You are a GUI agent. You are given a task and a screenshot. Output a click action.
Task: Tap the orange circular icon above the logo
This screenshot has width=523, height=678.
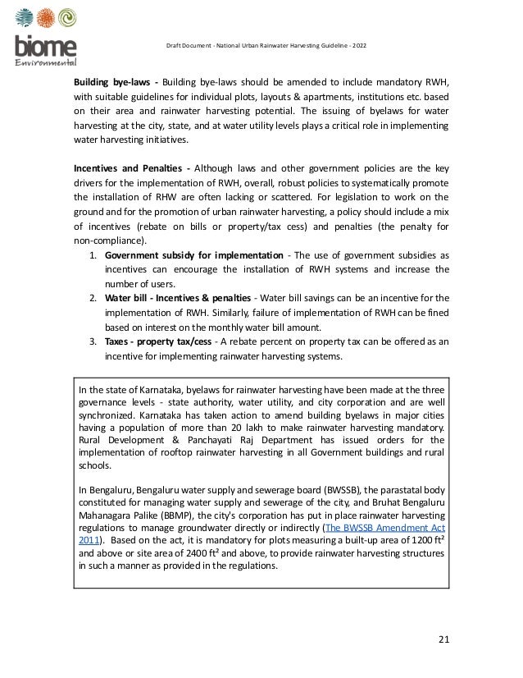pos(46,19)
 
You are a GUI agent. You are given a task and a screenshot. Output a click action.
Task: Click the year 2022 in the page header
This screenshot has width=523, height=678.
pos(360,44)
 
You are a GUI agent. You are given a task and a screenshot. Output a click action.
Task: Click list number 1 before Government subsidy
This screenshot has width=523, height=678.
pos(93,255)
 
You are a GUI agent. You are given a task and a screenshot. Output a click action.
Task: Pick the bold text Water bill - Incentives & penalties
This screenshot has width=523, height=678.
pos(189,297)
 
